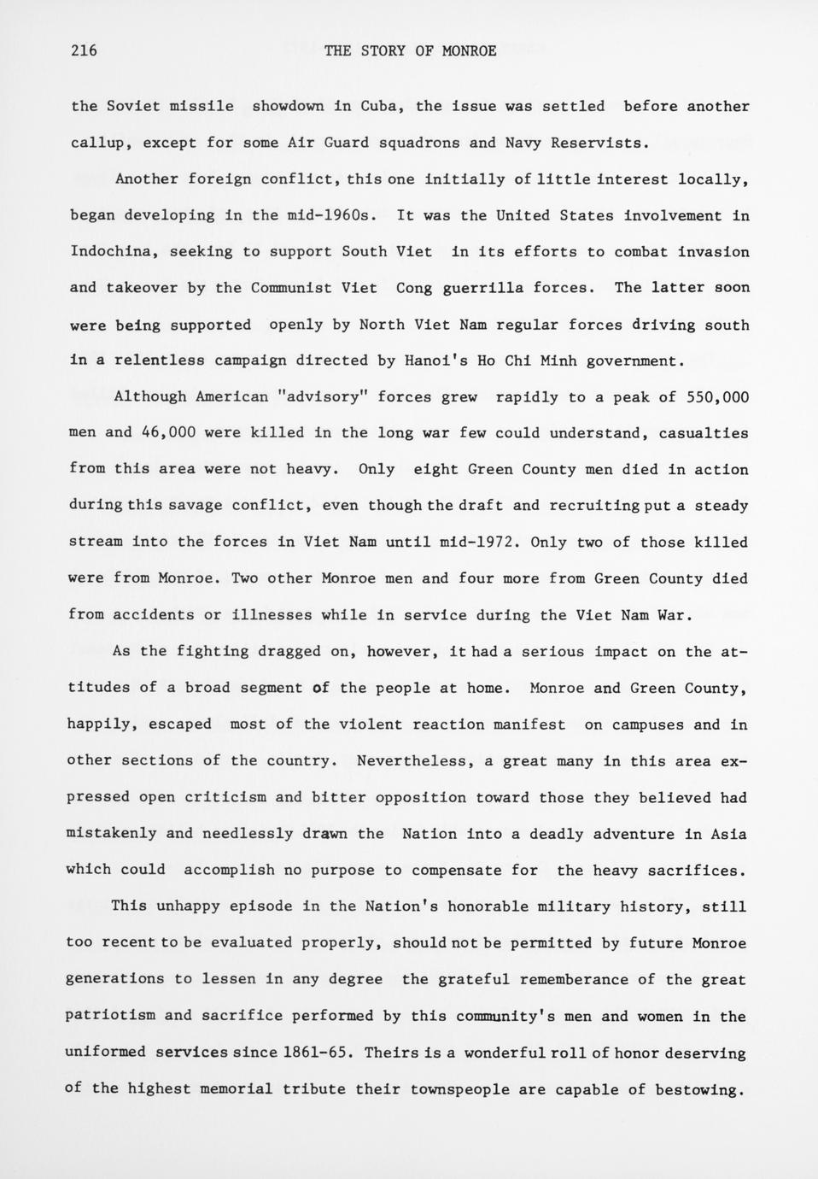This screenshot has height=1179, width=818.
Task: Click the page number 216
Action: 84,50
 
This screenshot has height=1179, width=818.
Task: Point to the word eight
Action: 435,470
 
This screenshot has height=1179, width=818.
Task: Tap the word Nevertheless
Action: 412,761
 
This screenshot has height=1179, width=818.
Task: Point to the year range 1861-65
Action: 318,1053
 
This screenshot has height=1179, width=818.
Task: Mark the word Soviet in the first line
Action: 133,107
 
